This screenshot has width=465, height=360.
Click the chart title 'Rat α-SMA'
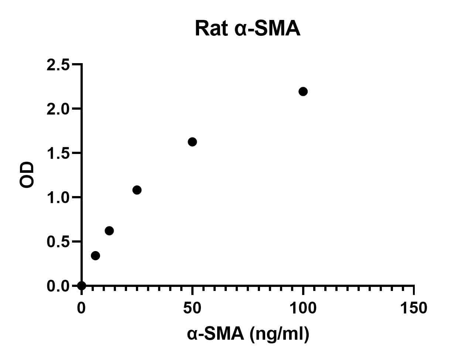click(247, 29)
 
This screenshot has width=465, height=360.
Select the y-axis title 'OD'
click(27, 175)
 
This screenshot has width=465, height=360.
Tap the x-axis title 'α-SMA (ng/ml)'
click(248, 334)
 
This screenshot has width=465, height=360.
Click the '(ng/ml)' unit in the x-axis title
click(279, 334)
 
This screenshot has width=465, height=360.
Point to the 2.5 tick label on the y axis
click(58, 65)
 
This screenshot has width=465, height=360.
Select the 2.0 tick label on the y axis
click(58, 109)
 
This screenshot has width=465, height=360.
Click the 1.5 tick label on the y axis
click(58, 153)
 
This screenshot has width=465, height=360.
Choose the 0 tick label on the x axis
click(81, 308)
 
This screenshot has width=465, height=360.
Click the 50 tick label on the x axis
click(192, 308)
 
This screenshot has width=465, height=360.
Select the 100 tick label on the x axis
click(303, 308)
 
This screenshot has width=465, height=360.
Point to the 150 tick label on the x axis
click(413, 308)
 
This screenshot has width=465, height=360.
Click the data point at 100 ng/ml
click(303, 92)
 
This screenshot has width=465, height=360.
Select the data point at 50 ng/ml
click(192, 142)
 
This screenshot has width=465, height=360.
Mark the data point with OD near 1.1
click(137, 190)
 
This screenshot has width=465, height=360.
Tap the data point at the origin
click(82, 285)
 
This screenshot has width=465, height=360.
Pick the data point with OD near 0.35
click(95, 256)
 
